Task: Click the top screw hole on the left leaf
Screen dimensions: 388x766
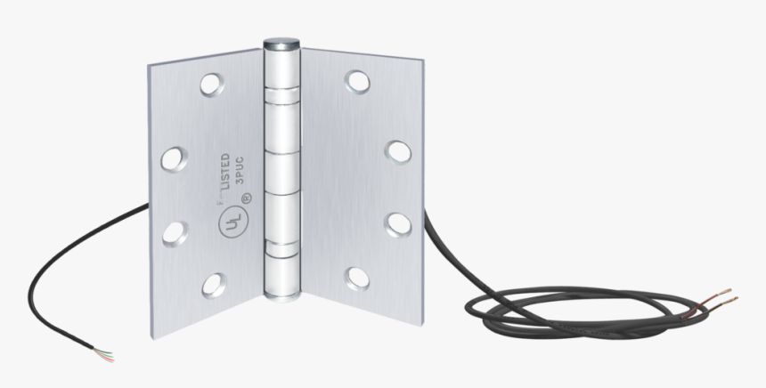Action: pyautogui.click(x=212, y=85)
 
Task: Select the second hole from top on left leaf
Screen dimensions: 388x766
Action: pyautogui.click(x=172, y=160)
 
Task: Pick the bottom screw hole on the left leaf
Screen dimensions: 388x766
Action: pyautogui.click(x=214, y=285)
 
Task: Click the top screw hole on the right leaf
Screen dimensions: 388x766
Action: pyautogui.click(x=356, y=81)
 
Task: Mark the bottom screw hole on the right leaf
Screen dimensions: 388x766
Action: pyautogui.click(x=356, y=279)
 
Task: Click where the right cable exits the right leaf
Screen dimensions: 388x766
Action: pyautogui.click(x=423, y=212)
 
